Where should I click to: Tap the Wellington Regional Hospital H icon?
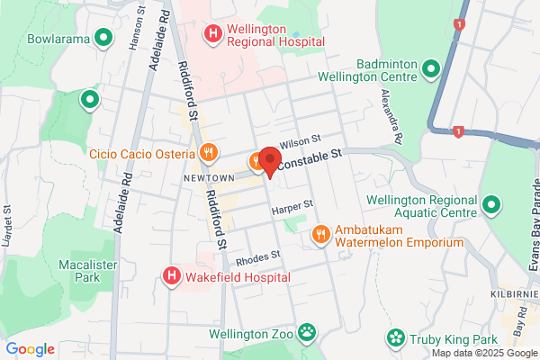212,34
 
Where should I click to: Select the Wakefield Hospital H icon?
171,276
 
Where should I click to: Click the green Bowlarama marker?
103,38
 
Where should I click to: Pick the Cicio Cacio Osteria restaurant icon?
208,152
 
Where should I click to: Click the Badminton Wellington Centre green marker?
430,68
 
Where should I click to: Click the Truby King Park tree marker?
395,338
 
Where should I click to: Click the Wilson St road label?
301,141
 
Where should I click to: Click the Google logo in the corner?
30,349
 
